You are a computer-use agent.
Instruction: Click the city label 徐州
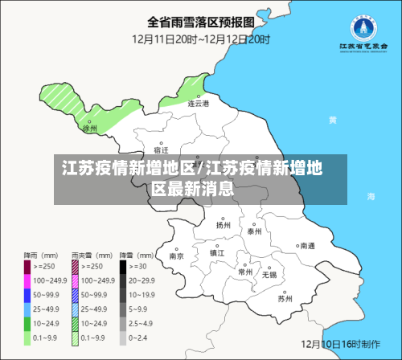click(90, 128)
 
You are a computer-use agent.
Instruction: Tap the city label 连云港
click(198, 104)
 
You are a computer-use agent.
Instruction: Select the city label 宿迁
click(161, 150)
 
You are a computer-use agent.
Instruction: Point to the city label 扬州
click(223, 226)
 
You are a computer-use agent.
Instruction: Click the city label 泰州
click(255, 231)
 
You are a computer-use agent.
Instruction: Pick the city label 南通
click(307, 247)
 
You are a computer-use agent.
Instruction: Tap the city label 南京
click(176, 256)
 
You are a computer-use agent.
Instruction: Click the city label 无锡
click(269, 275)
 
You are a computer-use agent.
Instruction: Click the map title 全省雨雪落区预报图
click(201, 21)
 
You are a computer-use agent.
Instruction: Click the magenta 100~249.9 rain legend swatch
click(27, 281)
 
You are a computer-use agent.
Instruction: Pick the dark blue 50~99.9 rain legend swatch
click(27, 294)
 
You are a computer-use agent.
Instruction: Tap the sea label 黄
click(332, 120)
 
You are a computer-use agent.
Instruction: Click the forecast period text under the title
click(201, 39)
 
